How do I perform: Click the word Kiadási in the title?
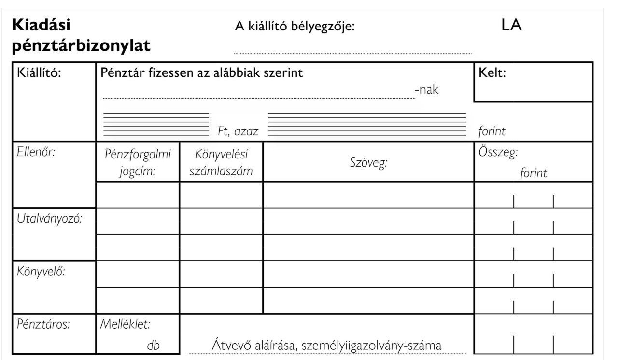click(x=44, y=25)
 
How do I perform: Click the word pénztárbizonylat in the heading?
click(x=81, y=46)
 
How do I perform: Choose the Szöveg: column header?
click(x=369, y=163)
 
